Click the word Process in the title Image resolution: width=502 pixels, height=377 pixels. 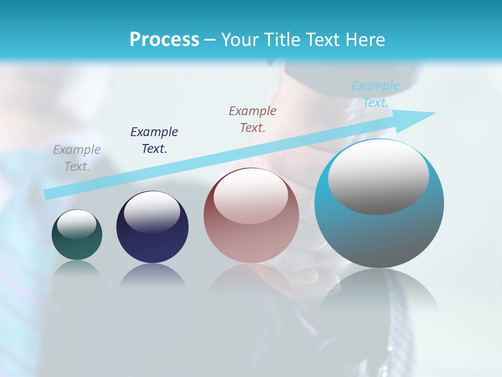164,40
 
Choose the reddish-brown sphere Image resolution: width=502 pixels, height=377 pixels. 251,241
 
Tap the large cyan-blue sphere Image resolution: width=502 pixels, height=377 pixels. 379,236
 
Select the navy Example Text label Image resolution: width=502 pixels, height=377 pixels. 154,140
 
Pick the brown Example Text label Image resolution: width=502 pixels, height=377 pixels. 253,119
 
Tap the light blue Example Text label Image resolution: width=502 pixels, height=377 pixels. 375,94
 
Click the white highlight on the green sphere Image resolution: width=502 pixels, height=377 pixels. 77,224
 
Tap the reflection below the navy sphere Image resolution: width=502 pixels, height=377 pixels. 152,275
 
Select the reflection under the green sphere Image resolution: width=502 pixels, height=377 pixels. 77,268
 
